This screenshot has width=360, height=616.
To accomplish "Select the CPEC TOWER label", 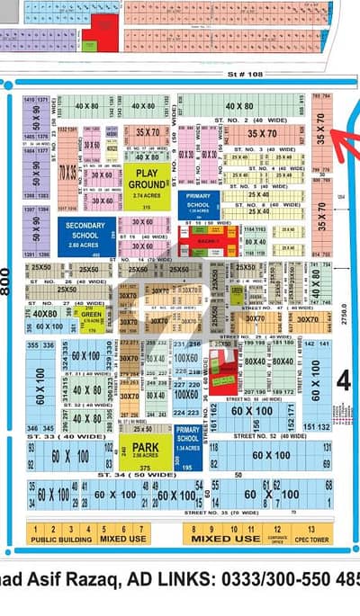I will [x=311, y=540].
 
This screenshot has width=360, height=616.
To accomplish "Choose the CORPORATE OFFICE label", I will [x=276, y=540].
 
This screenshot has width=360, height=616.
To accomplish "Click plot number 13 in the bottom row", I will [x=311, y=529].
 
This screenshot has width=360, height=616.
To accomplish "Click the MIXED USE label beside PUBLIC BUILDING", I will [x=111, y=540].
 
